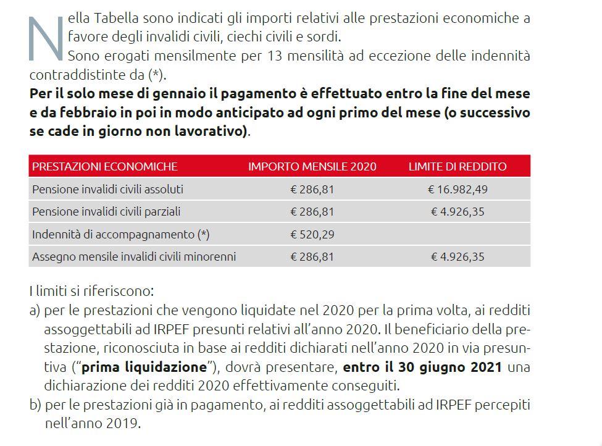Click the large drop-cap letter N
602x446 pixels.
tap(47, 38)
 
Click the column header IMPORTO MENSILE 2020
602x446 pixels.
tap(312, 166)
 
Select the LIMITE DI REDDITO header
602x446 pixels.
tap(458, 166)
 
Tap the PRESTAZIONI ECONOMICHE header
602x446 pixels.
tap(105, 166)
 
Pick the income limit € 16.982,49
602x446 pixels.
tap(458, 189)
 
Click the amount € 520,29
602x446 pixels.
tap(312, 234)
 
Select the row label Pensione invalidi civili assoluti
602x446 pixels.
tap(107, 189)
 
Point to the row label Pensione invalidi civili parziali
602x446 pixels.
tap(106, 212)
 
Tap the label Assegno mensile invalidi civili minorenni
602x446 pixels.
tap(134, 256)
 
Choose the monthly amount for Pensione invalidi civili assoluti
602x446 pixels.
tap(312, 189)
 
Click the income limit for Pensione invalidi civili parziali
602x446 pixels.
tap(458, 212)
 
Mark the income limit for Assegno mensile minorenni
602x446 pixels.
tap(458, 256)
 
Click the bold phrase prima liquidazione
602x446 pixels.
tap(144, 367)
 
